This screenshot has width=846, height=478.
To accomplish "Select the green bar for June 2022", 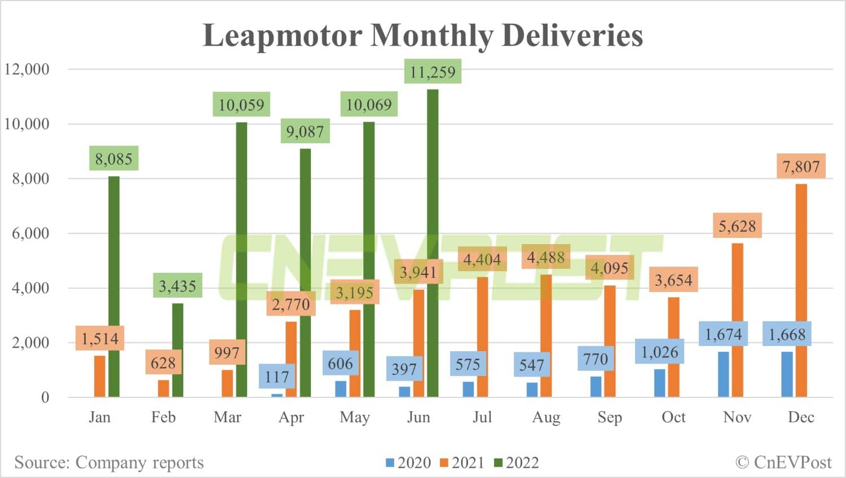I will (433, 242).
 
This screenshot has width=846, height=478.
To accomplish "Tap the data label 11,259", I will (433, 72).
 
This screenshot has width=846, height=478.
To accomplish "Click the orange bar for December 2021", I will (801, 290).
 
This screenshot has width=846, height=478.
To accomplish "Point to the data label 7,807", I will (801, 166).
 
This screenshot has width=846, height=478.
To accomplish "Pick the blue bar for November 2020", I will (723, 374).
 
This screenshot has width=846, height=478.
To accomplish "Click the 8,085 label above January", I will (113, 159).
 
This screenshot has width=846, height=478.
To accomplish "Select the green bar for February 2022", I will (178, 349).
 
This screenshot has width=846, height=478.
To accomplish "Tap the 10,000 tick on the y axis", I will (27, 124).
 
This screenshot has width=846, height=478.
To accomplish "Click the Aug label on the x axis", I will (546, 417).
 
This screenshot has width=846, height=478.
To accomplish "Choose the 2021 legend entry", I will (462, 463).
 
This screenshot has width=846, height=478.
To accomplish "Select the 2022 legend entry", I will (517, 463).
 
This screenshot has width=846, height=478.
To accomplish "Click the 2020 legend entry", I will (408, 463).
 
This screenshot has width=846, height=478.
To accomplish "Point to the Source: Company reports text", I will (109, 462).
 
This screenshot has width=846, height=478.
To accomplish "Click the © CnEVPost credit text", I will (783, 462).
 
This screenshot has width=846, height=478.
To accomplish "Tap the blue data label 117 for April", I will (276, 377).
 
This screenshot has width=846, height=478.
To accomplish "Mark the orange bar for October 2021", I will (673, 347).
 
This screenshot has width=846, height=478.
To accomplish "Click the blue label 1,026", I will (659, 352).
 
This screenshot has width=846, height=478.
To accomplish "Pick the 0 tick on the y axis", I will (45, 397).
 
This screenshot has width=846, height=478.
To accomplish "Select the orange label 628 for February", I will (163, 362).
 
